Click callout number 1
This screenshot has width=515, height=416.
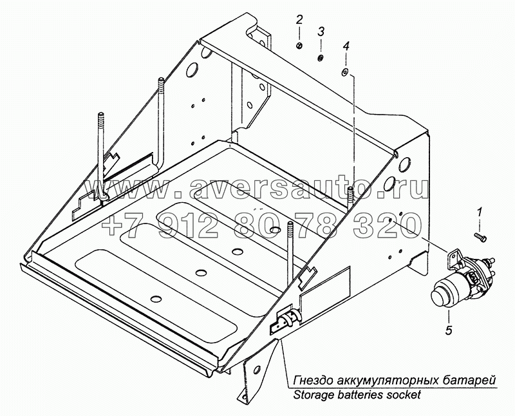pos(479,213)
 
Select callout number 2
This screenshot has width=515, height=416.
pos(299,21)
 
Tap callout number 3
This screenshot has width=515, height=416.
pos(321,32)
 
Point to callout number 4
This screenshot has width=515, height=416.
pos(345,46)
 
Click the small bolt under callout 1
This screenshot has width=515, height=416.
pos(481,236)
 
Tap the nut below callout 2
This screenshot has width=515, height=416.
pos(299,46)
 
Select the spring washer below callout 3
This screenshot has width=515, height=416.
pos(320,59)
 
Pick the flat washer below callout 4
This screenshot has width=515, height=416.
pos(344,73)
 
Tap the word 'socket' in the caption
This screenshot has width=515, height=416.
pos(404,394)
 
